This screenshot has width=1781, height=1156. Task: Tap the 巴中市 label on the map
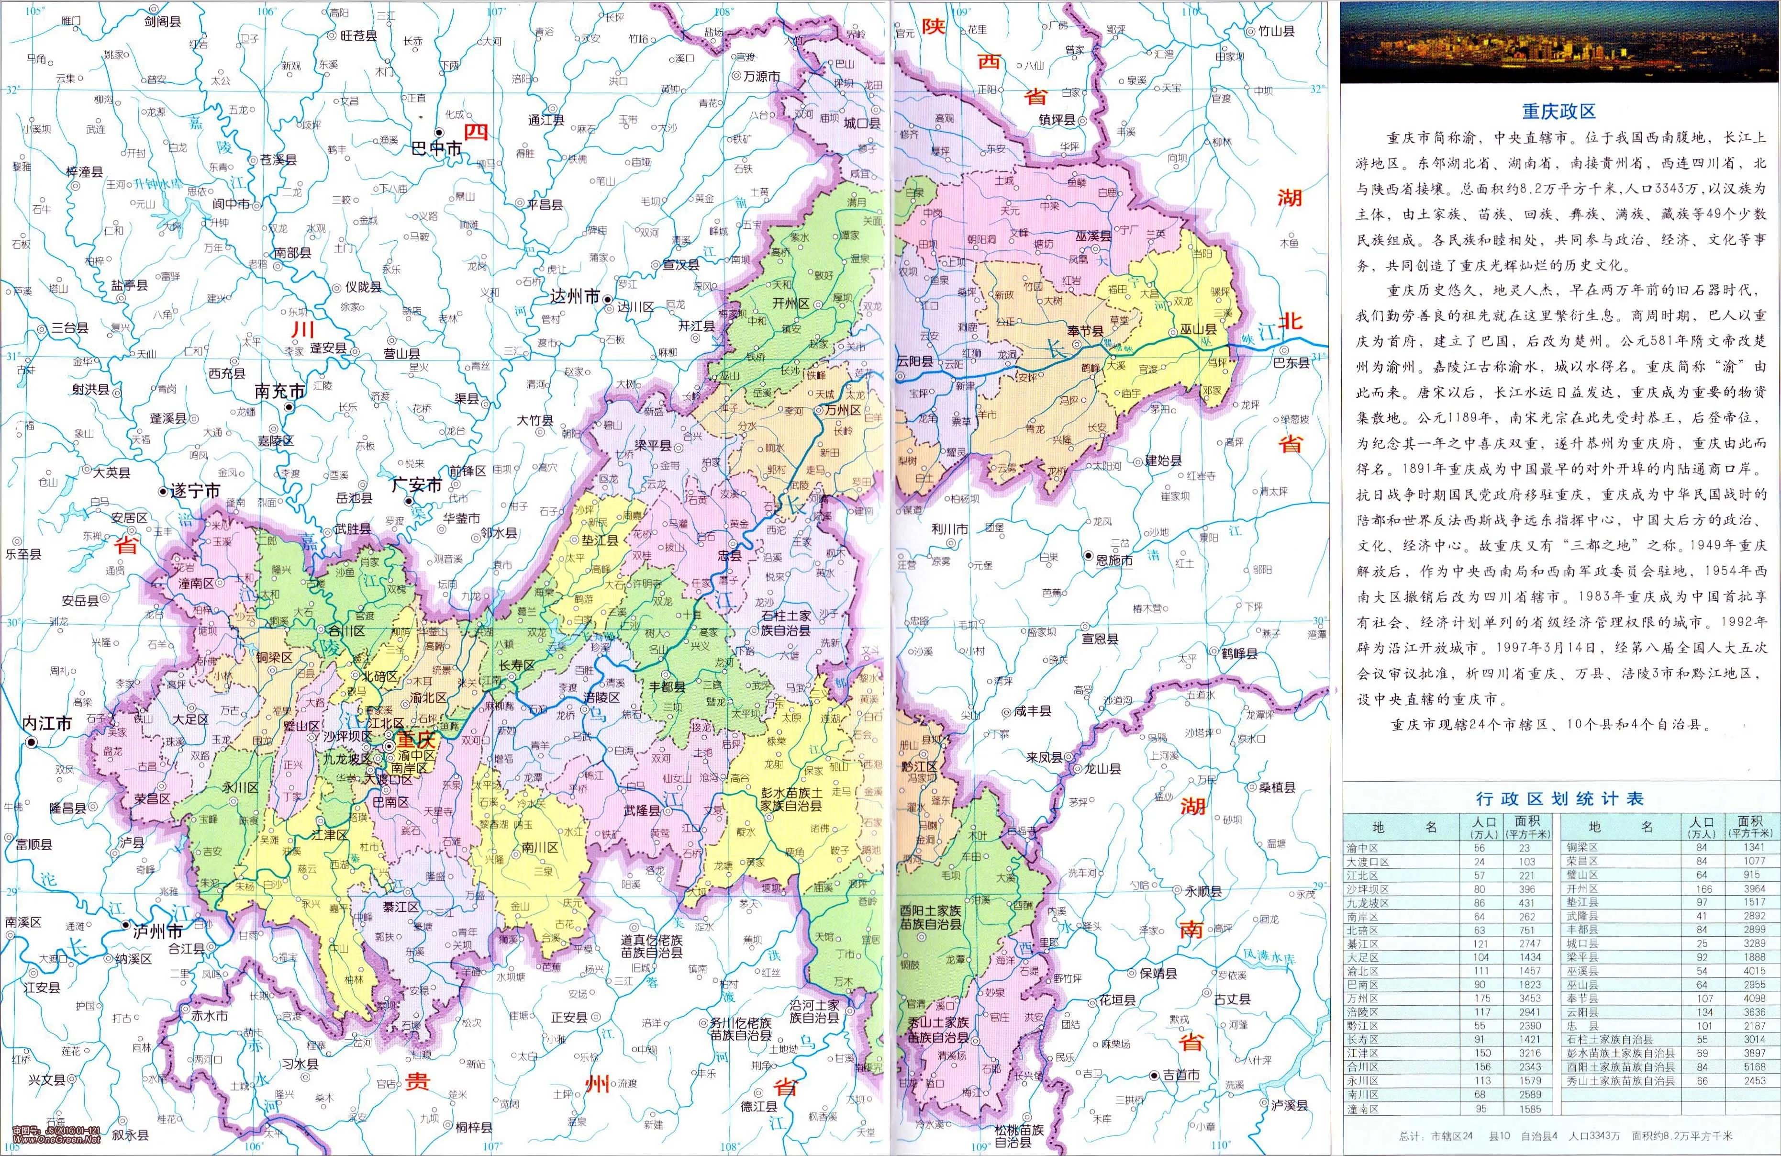(x=437, y=149)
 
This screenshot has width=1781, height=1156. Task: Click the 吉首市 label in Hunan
(x=1180, y=1075)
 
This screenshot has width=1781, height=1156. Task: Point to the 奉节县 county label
(x=1084, y=331)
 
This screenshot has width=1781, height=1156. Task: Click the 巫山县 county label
(x=1198, y=329)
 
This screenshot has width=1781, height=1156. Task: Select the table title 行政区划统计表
(x=1559, y=798)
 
